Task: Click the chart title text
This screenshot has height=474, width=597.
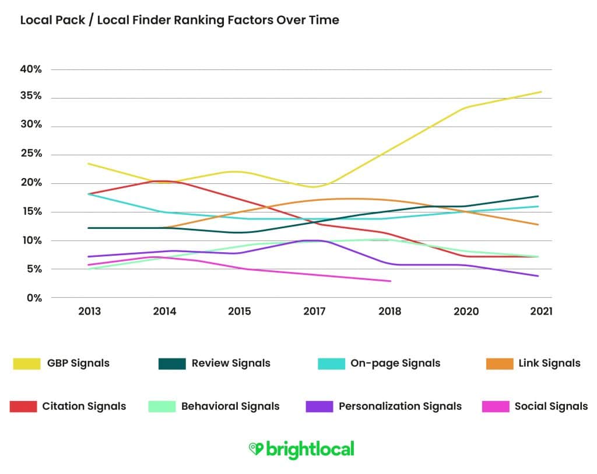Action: (x=180, y=20)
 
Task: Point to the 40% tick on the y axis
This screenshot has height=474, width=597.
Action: (x=30, y=69)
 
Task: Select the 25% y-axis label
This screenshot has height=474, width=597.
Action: (x=30, y=154)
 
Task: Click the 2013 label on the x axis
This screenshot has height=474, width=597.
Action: (x=89, y=311)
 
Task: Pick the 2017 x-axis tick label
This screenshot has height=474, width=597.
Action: (x=314, y=311)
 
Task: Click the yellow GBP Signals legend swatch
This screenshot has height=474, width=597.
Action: (x=27, y=364)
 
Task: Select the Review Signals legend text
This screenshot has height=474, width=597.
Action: (x=231, y=363)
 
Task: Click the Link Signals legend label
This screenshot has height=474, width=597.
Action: (x=549, y=363)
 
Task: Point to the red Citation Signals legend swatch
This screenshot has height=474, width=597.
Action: (x=23, y=406)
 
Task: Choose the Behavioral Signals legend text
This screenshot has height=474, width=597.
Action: (x=230, y=406)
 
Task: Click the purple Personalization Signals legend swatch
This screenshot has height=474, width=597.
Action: (x=319, y=406)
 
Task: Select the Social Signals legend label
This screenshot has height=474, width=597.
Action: (x=551, y=406)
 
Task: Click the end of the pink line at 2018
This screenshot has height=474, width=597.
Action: (x=390, y=281)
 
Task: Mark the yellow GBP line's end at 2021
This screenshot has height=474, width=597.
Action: (x=541, y=92)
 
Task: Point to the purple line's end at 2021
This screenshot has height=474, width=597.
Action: (x=538, y=276)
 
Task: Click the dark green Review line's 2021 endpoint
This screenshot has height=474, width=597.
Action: (x=538, y=196)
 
